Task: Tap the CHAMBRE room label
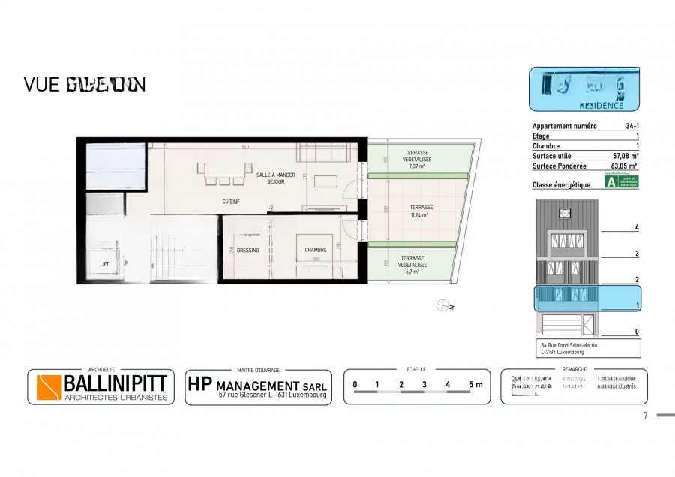[315, 250]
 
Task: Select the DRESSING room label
[247, 250]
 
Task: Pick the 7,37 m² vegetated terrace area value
[418, 166]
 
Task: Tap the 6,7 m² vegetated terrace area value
[414, 271]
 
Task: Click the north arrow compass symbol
[443, 305]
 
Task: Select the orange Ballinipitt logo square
[49, 387]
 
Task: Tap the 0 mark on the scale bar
[355, 385]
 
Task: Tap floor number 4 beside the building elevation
[636, 227]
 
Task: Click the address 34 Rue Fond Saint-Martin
[568, 345]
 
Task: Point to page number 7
[645, 416]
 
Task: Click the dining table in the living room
[220, 174]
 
